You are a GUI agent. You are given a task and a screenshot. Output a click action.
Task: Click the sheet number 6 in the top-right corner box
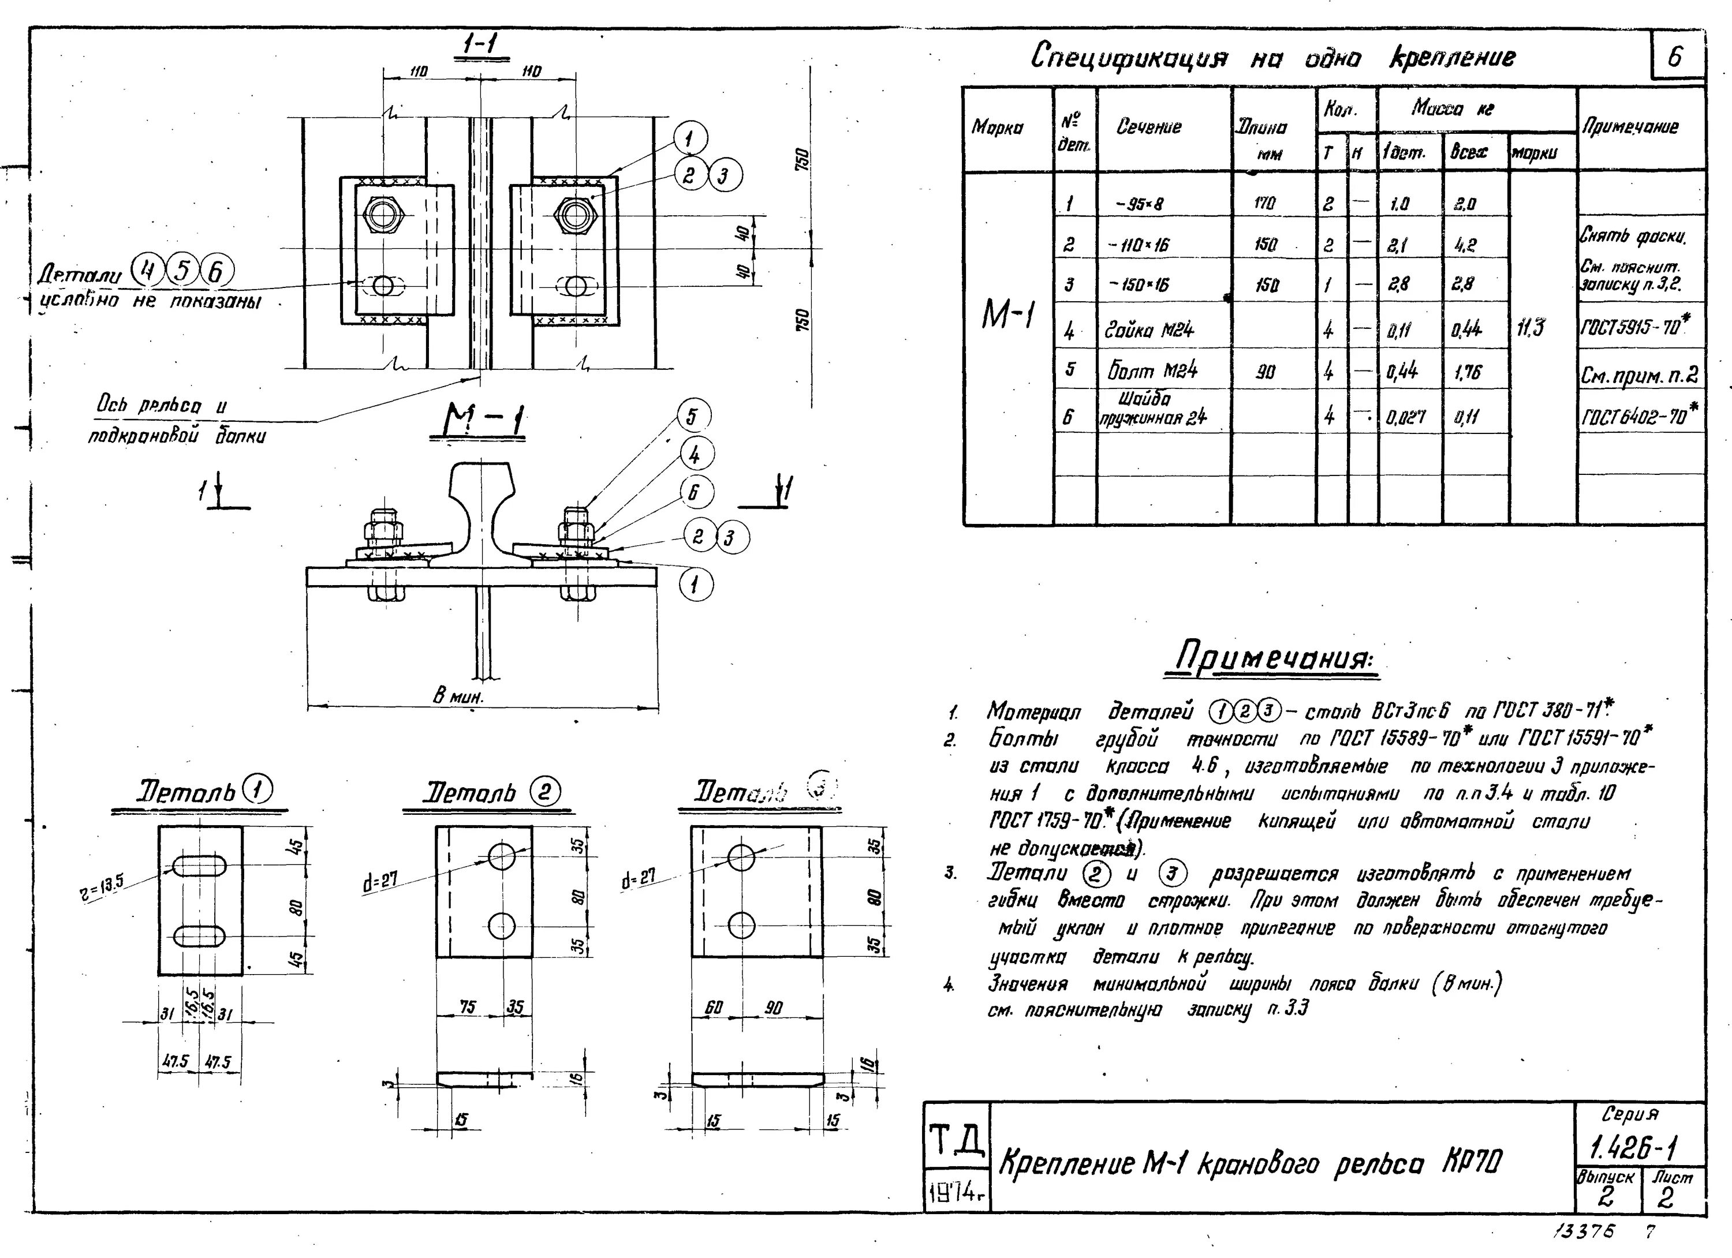click(1675, 57)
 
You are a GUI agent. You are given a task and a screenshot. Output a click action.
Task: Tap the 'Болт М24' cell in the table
click(1152, 371)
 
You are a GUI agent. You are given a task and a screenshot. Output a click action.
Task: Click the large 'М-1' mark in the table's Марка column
click(1008, 314)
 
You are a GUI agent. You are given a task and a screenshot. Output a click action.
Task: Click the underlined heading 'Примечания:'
click(1274, 657)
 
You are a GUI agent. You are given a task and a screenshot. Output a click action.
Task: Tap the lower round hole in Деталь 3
click(741, 925)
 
